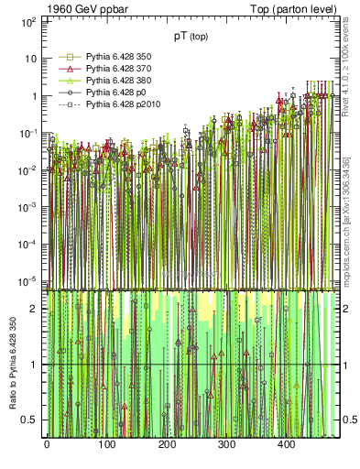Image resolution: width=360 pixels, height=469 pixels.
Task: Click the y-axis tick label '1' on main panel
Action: pos(34,96)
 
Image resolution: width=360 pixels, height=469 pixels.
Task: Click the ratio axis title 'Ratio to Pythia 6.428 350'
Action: pos(13,365)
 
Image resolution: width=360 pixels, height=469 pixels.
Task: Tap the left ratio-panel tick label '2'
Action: pos(34,310)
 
